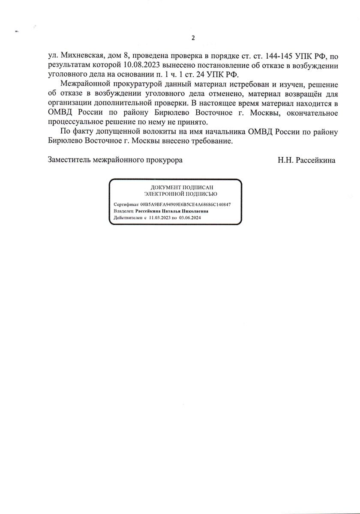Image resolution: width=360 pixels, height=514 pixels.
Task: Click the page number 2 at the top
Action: click(193, 38)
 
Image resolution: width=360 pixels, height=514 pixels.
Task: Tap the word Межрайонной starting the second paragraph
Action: click(85, 84)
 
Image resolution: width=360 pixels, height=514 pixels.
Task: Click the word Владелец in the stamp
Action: click(123, 211)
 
